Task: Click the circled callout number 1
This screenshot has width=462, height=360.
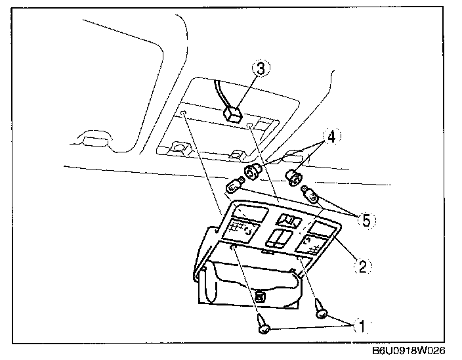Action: [360, 324]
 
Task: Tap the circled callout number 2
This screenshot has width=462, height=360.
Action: [362, 267]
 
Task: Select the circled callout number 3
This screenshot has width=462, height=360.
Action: [261, 69]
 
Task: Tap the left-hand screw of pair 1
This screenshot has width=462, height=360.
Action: [263, 325]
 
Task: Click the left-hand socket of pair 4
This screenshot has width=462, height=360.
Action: [252, 173]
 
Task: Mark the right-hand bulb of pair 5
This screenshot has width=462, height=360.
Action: [310, 193]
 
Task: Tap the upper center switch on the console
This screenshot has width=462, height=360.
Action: [287, 220]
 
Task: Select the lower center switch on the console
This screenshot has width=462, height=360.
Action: [279, 237]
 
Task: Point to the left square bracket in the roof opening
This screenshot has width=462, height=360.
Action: [178, 147]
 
